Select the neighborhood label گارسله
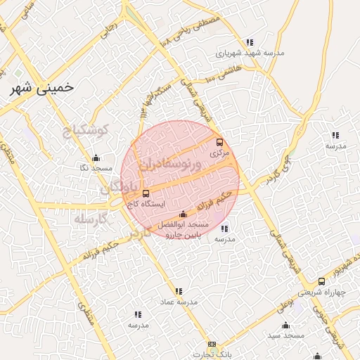[91, 219]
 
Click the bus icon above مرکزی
[220, 141]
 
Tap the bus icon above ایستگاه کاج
[146, 193]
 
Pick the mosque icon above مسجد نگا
[96, 157]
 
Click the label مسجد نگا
[96, 168]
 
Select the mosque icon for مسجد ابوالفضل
[184, 214]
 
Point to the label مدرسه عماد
[179, 301]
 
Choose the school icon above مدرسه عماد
[179, 290]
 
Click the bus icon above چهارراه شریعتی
[321, 281]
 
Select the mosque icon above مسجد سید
[285, 325]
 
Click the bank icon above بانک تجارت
[212, 345]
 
